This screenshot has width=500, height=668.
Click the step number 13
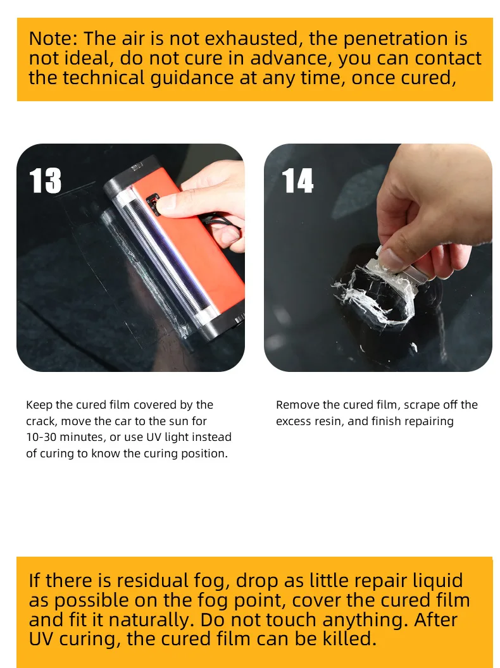click(45, 181)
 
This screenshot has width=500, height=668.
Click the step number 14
click(297, 181)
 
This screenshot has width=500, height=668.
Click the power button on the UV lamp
click(153, 203)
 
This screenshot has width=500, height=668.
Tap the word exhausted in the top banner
click(251, 39)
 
